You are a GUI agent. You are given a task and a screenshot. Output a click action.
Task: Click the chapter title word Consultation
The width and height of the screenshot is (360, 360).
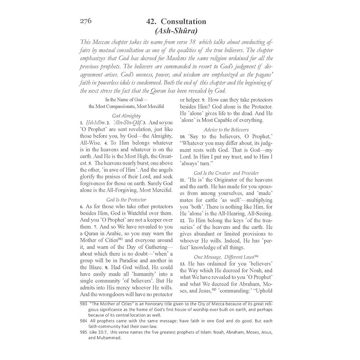183,22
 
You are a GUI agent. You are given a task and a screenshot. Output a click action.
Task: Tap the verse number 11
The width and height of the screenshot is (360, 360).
182,181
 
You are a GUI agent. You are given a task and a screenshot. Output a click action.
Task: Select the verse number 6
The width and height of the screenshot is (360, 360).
81,206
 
